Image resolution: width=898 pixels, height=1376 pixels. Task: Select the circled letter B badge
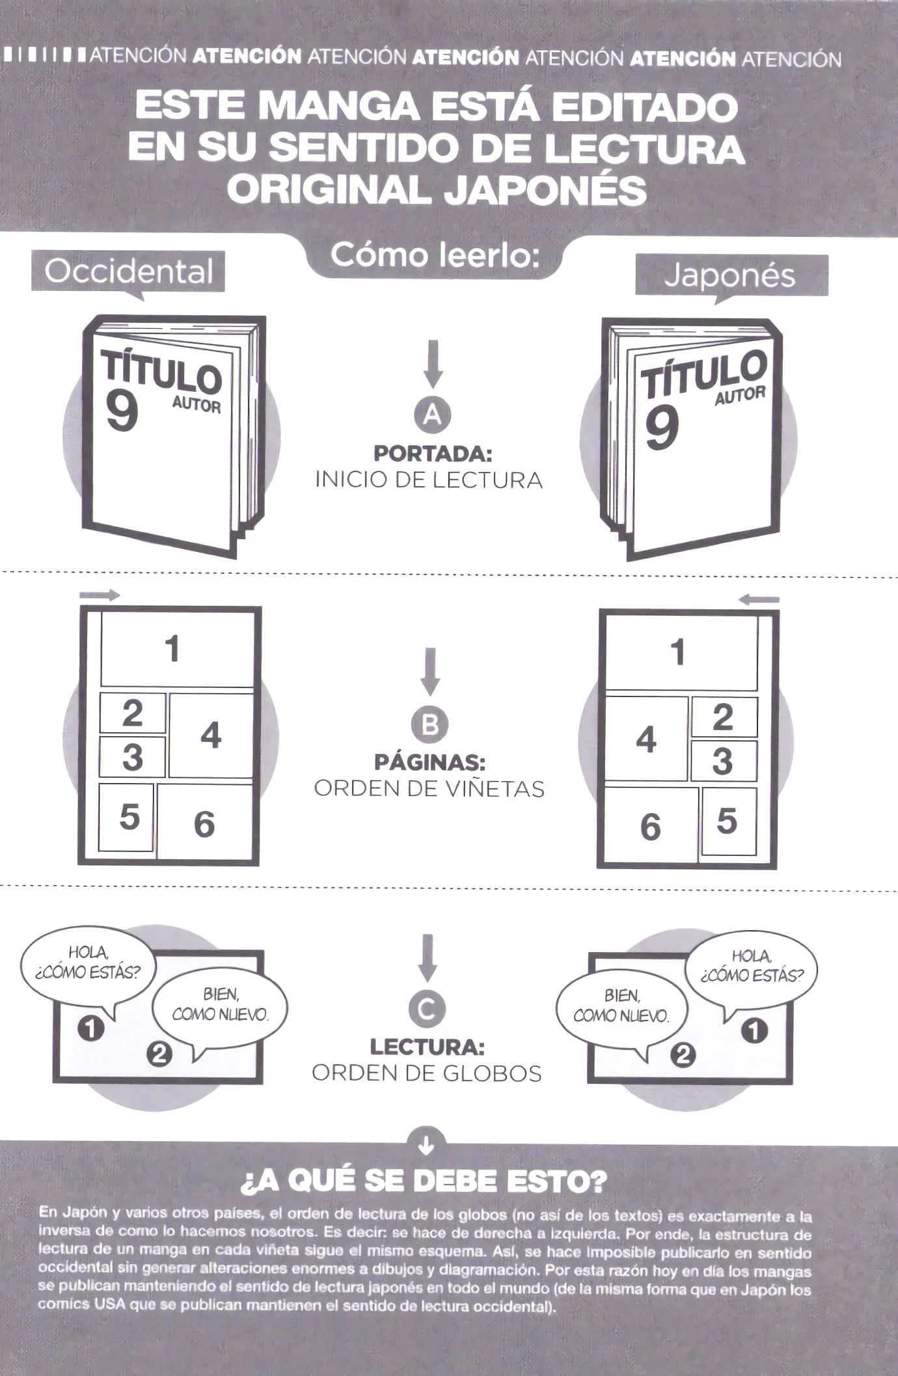pyautogui.click(x=430, y=724)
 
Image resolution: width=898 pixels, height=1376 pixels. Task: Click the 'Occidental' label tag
pyautogui.click(x=128, y=272)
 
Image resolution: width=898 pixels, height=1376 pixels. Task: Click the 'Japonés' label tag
pyautogui.click(x=731, y=276)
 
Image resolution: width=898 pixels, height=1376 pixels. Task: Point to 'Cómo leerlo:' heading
pyautogui.click(x=435, y=255)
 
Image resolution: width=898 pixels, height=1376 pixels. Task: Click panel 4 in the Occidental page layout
pyautogui.click(x=211, y=735)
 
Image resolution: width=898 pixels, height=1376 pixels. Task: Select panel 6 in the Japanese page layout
pyautogui.click(x=651, y=826)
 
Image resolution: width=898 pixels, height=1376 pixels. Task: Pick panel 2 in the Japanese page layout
pyautogui.click(x=724, y=717)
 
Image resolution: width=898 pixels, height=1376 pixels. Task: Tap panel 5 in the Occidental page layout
pyautogui.click(x=128, y=817)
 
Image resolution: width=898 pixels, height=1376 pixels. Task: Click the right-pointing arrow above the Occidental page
pyautogui.click(x=100, y=595)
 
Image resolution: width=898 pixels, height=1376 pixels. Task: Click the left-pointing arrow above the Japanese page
pyautogui.click(x=759, y=599)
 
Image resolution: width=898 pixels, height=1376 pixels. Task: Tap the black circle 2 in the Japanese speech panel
pyautogui.click(x=682, y=1054)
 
